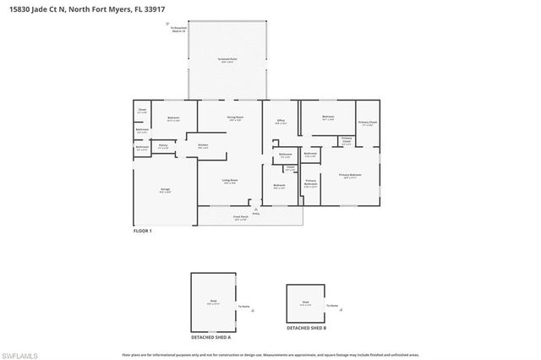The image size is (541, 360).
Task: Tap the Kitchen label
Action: point(203,146)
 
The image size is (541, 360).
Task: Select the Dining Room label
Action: point(234,118)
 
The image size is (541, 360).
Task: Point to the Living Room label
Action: point(229,181)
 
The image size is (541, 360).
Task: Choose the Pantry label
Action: point(162,146)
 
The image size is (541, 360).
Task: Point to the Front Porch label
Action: point(240,217)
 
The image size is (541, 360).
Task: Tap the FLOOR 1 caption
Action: point(143,231)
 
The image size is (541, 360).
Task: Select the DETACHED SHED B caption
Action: point(305,327)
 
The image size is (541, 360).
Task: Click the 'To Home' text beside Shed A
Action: point(244,307)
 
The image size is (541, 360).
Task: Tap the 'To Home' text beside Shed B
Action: point(333,304)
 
